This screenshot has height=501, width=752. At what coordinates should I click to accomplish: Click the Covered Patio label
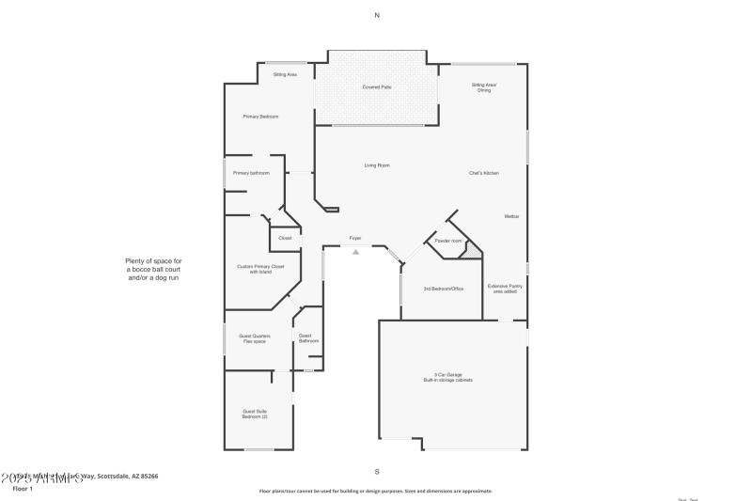pos(377,86)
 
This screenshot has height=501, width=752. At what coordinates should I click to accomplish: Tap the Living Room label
pos(377,165)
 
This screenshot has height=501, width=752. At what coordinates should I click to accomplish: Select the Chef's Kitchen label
pos(483,173)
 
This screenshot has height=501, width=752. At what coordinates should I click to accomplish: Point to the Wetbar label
pos(511,216)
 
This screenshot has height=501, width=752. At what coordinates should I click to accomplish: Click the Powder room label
pos(448,242)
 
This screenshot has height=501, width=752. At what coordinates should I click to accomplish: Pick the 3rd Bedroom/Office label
pos(444,289)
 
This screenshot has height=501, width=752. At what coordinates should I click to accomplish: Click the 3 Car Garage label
pos(446,377)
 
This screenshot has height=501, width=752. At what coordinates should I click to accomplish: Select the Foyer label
pos(355,238)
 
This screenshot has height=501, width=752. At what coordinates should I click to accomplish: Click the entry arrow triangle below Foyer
pos(355,251)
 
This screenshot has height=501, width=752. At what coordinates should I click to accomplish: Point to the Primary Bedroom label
pos(260,117)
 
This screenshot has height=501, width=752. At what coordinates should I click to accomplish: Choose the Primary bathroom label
pos(251,173)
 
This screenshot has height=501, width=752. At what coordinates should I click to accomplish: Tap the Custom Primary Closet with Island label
pos(260,269)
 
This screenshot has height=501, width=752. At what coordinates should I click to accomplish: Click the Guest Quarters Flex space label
pos(256,338)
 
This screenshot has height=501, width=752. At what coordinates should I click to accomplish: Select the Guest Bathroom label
pos(308,337)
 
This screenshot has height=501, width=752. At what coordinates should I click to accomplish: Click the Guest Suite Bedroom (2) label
pos(256,414)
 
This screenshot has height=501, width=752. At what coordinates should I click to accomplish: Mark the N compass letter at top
pos(377,15)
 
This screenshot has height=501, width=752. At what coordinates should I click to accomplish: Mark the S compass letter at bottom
pos(377,471)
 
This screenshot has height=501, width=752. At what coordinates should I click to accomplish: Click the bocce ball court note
pos(153,270)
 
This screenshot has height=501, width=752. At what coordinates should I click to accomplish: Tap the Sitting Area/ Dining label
pos(483,87)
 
